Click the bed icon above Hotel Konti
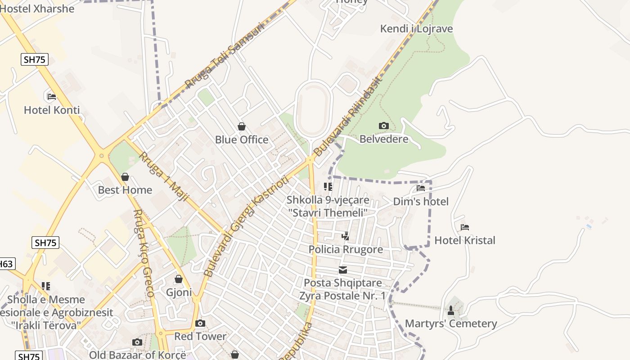click(51, 96)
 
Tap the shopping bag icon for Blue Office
click(242, 126)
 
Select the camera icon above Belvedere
click(383, 126)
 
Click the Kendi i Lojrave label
click(416, 29)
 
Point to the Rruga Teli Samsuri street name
click(224, 56)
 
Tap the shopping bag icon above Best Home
click(125, 177)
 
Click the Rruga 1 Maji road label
click(163, 176)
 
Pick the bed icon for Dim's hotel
click(421, 188)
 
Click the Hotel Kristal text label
click(464, 240)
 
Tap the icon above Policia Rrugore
click(345, 236)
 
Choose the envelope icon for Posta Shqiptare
click(343, 270)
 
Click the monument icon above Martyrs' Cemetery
click(451, 310)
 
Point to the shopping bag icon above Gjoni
click(179, 279)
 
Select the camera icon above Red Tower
click(200, 323)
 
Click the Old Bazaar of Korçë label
click(137, 355)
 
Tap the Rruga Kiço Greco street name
click(144, 253)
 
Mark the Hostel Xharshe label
click(37, 8)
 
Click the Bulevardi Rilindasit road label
click(347, 116)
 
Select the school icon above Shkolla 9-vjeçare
click(328, 186)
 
